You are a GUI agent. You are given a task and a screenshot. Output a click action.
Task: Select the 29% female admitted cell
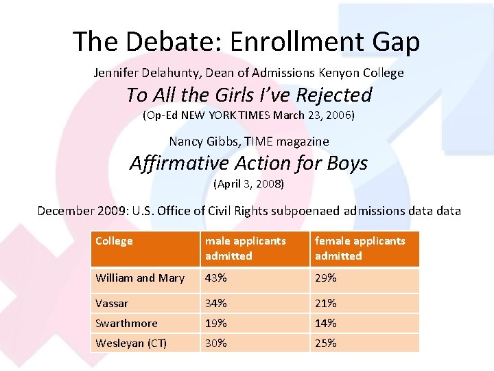326,278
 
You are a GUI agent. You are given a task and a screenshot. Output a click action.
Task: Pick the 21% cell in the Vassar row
326,303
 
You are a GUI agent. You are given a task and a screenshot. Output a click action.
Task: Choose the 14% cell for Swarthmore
326,323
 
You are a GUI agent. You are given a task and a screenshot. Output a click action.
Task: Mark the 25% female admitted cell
326,343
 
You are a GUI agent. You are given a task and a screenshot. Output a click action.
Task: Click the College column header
114,241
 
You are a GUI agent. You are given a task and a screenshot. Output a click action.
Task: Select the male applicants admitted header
246,248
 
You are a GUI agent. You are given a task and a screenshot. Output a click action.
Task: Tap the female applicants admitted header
360,248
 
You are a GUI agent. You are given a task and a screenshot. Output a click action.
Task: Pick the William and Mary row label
140,278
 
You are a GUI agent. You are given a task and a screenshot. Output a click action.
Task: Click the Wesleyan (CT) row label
131,343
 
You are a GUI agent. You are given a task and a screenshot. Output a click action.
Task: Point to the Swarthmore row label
127,323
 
